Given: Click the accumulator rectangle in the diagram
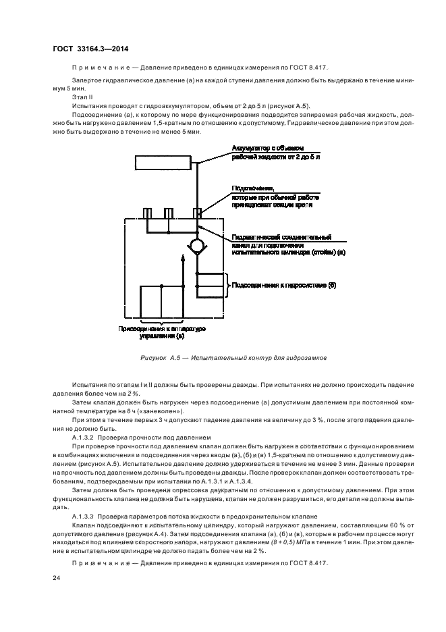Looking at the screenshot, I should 163,163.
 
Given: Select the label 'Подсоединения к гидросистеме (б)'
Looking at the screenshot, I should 284,285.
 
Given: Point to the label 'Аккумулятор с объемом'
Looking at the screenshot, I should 269,148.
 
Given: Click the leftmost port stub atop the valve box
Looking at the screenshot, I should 147,213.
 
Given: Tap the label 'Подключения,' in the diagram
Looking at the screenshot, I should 254,188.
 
